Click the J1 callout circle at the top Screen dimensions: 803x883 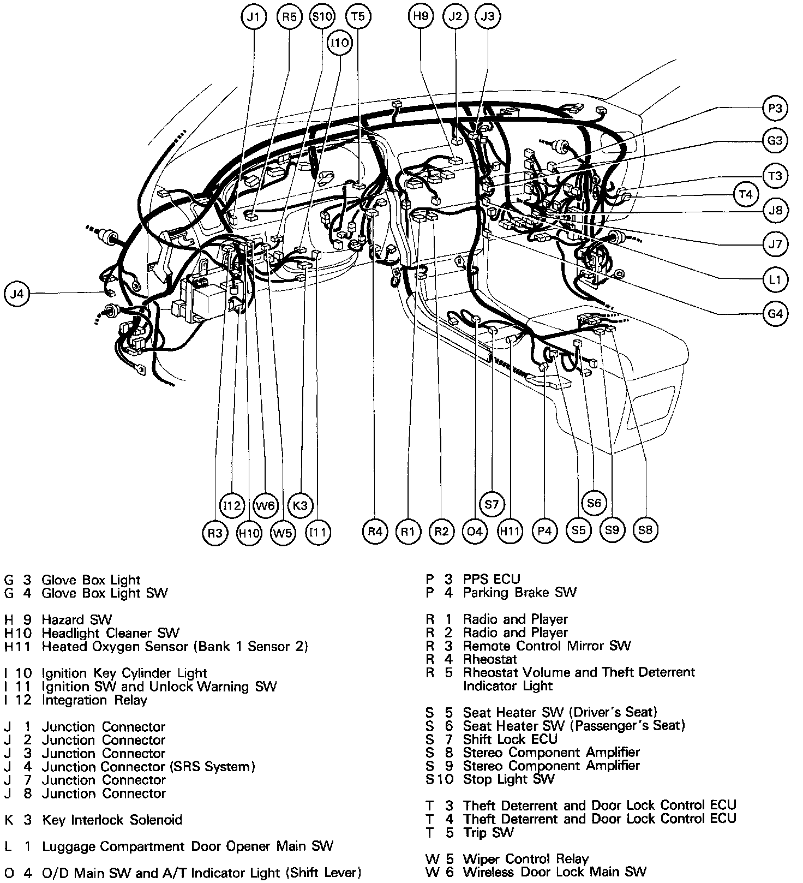click(x=253, y=17)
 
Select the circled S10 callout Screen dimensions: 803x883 click(x=321, y=17)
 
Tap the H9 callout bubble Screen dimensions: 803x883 click(x=421, y=17)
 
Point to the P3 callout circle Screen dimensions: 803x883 click(x=775, y=108)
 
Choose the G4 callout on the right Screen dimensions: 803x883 click(x=775, y=314)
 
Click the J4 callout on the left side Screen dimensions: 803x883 click(x=17, y=294)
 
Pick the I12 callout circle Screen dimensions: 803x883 click(x=232, y=505)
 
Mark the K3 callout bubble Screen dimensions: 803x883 click(x=300, y=505)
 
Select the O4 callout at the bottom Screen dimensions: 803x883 click(x=475, y=531)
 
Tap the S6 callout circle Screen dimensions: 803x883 click(x=594, y=503)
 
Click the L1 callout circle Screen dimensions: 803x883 click(x=775, y=280)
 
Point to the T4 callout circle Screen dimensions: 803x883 click(x=745, y=194)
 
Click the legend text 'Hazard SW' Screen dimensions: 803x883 click(x=76, y=620)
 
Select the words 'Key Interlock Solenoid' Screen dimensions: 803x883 click(x=112, y=820)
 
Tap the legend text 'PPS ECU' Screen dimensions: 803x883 click(x=492, y=579)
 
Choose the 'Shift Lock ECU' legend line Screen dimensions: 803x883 click(x=510, y=739)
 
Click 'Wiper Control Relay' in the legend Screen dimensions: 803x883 click(x=525, y=859)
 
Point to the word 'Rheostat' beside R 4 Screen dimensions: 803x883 click(x=489, y=659)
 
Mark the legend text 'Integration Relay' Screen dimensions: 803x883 click(x=94, y=700)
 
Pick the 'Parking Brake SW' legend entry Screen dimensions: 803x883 click(x=519, y=593)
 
